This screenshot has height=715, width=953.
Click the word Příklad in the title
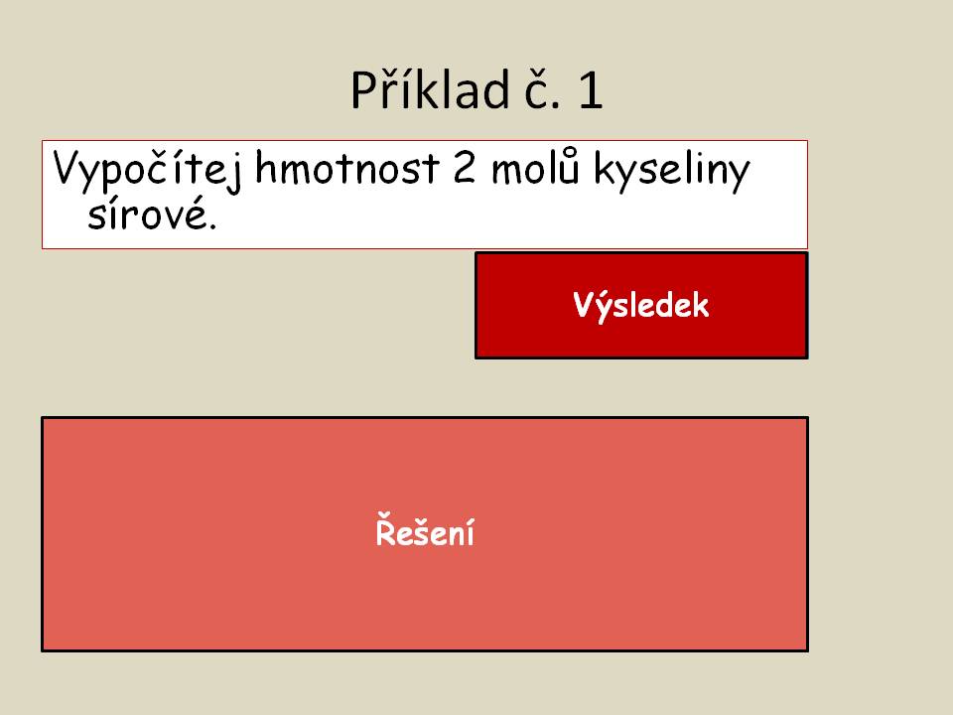click(430, 90)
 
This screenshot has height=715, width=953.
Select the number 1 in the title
click(591, 90)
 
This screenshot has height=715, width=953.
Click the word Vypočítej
click(147, 169)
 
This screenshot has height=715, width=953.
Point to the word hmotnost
click(347, 168)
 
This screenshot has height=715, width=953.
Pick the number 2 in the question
click(465, 169)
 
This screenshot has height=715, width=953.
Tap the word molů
click(535, 166)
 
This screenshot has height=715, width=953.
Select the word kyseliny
click(672, 171)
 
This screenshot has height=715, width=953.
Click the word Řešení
click(425, 529)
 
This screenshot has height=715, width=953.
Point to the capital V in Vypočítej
click(68, 168)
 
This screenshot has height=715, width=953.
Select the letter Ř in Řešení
click(386, 529)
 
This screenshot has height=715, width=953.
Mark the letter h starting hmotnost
click(266, 168)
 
